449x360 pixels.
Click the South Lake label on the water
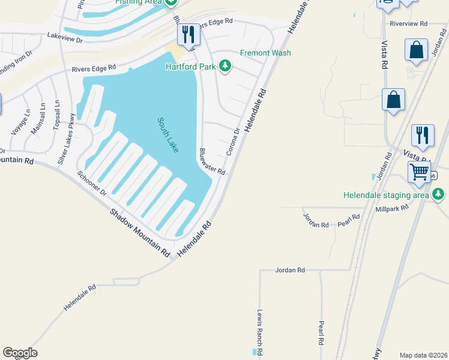coord(168,135)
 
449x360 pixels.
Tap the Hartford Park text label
coord(190,66)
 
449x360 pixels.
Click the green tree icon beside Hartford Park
coord(225,65)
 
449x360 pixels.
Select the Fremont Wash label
coord(265,53)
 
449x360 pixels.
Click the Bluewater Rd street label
coord(212,162)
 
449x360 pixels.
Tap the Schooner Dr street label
coord(92,184)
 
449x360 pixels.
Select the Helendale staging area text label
coord(386,195)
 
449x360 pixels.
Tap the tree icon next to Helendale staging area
coord(439,194)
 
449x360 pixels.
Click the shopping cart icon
coord(419,173)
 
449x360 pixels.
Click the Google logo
coord(20,353)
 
